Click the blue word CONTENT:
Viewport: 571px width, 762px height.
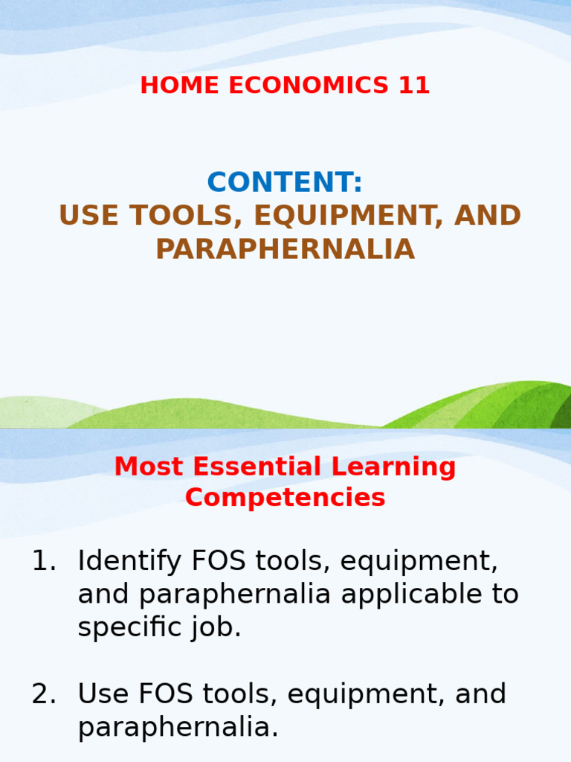click(285, 182)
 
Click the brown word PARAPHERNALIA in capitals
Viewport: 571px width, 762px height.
click(285, 249)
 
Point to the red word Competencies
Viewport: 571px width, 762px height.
click(285, 497)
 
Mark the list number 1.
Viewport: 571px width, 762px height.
click(43, 561)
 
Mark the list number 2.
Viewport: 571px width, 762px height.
click(43, 694)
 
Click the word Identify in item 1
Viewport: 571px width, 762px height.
click(126, 561)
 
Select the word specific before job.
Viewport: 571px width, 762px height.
click(133, 627)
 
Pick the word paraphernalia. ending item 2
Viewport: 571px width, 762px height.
click(178, 727)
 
